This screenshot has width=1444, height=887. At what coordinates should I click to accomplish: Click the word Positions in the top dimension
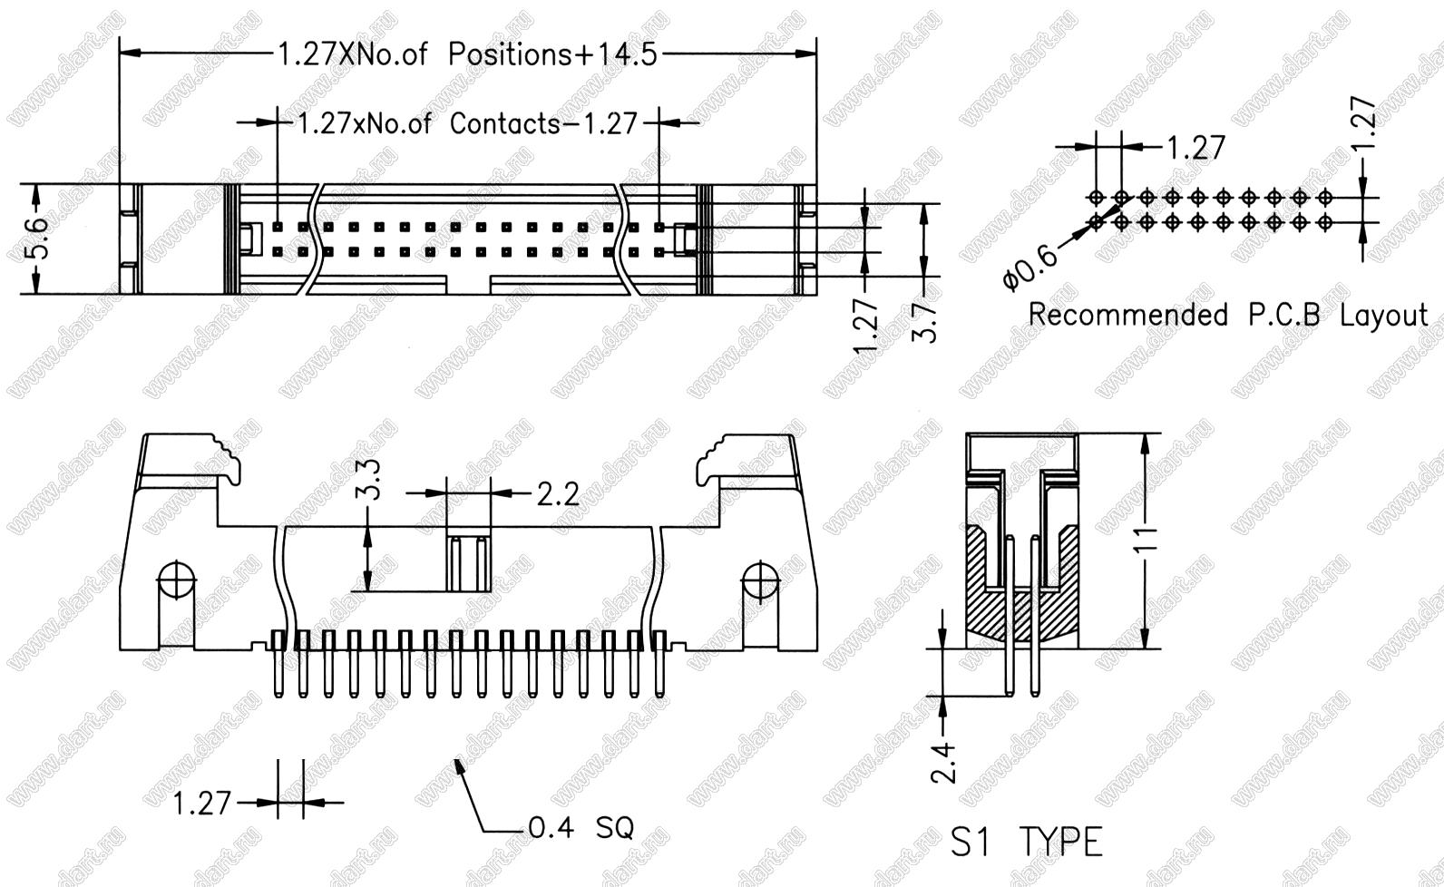tap(510, 54)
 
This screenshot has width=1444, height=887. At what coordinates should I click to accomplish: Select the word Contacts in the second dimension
tap(504, 123)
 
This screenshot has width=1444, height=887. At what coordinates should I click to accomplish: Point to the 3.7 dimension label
tap(923, 322)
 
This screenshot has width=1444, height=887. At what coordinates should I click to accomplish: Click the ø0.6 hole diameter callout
tap(1029, 268)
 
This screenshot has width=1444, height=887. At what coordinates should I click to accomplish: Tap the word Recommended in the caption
tap(1128, 316)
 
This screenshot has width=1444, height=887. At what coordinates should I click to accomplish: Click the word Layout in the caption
tap(1384, 317)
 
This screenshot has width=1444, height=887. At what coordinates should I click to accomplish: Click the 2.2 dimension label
tap(558, 495)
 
